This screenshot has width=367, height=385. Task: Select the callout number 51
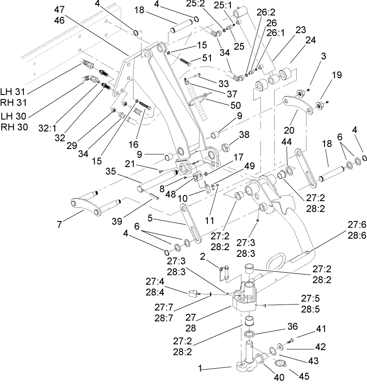tap(207, 57)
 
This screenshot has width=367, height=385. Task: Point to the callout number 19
tap(337, 75)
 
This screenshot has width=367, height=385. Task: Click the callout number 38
tap(244, 134)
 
